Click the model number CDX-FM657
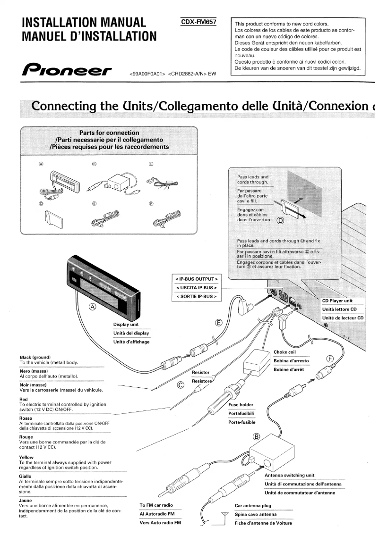pos(198,22)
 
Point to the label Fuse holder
pos(241,404)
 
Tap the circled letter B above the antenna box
pos(257,436)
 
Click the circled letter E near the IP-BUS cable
pos(218,323)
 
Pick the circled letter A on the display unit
pos(93,307)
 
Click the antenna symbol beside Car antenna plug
pos(218,516)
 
